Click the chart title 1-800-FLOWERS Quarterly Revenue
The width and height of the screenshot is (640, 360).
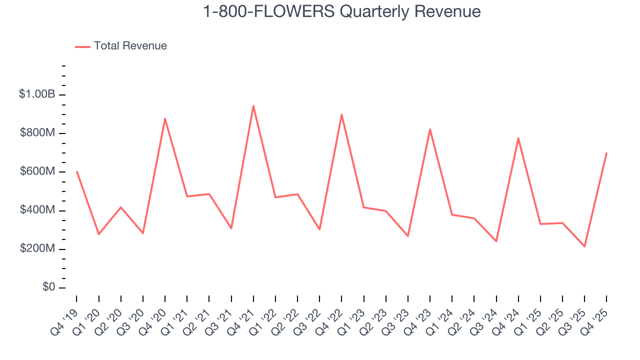pos(341,12)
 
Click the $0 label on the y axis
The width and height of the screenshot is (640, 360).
pos(48,287)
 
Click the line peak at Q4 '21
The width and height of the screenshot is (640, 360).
pos(253,106)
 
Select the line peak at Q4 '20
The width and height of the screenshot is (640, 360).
pos(165,118)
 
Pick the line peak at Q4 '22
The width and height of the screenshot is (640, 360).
pos(341,114)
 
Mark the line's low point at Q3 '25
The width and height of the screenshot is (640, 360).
pos(584,246)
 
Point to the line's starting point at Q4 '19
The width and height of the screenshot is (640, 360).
pos(76,171)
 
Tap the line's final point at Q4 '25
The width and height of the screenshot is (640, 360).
pos(606,153)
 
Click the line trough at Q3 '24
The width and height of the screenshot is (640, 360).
pos(496,241)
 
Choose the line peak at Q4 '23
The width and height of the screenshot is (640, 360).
pos(430,129)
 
